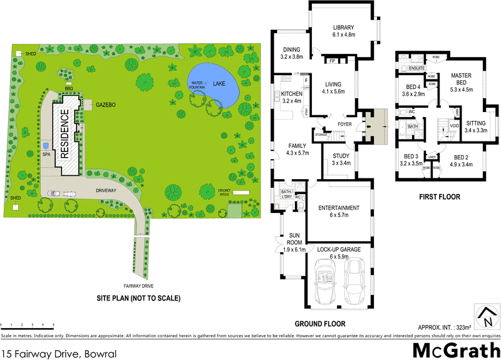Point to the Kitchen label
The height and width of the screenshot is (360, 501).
click(x=292, y=96)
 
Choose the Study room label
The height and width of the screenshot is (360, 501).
click(x=341, y=158)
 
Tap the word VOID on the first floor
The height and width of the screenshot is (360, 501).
click(x=455, y=125)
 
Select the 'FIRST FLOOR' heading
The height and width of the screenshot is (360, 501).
click(x=439, y=197)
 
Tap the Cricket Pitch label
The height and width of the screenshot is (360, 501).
click(x=224, y=192)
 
